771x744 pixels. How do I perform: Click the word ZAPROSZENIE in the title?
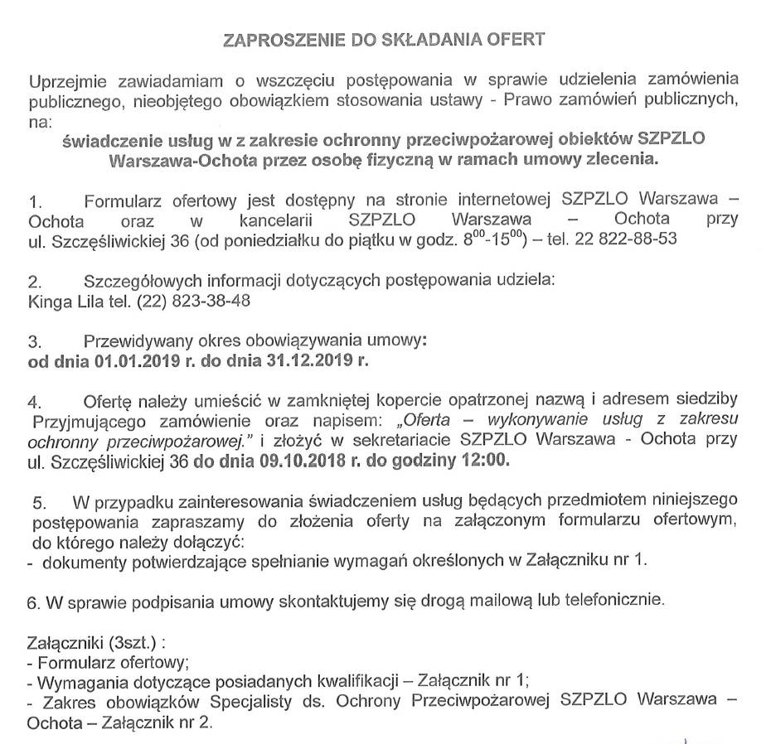(268, 40)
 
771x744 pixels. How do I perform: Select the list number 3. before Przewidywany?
(35, 341)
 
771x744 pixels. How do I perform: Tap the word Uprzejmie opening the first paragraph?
(68, 82)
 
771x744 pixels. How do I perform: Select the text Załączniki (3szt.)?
(82, 641)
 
